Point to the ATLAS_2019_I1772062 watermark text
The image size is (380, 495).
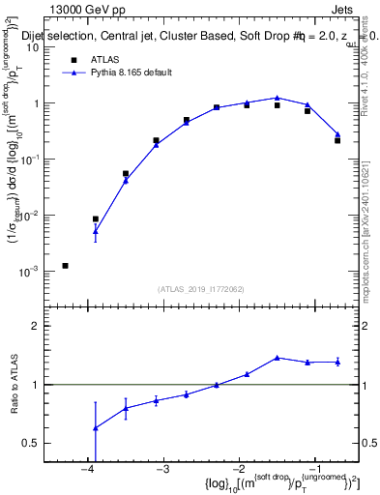point(202,288)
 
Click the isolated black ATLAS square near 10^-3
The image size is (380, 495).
point(65,265)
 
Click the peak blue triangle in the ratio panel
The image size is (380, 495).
point(278,358)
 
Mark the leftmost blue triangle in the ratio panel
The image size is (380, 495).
point(95,427)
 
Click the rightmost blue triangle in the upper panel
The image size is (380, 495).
point(337,134)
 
